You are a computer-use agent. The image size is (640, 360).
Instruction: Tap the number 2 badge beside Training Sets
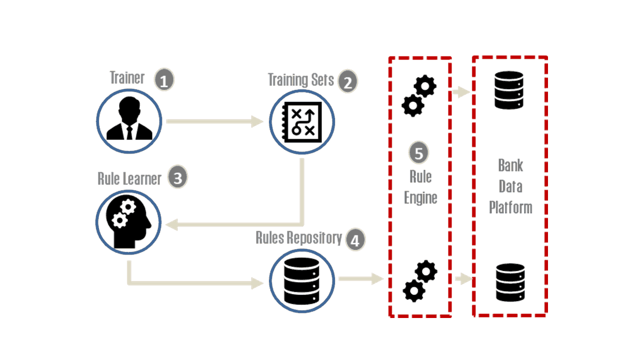[347, 81]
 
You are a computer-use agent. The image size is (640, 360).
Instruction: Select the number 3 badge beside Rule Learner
[177, 178]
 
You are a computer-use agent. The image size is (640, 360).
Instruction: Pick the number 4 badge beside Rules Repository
[354, 240]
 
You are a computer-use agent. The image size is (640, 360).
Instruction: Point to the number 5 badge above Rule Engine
[419, 153]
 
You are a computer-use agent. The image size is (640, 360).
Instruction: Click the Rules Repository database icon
[301, 280]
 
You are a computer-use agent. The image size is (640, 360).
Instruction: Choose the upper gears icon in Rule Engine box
[419, 96]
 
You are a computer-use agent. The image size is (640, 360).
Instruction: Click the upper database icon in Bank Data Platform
[508, 90]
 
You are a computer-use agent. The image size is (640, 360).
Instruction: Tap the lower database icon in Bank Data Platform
[510, 282]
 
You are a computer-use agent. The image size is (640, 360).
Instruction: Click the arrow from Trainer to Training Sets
[215, 121]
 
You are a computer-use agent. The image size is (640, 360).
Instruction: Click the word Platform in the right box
[510, 207]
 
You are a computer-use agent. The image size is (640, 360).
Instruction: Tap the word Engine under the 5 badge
[421, 197]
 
